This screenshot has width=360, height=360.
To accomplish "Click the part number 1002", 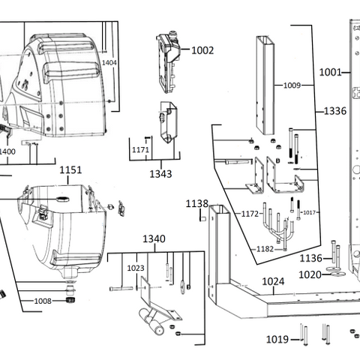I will tap(202, 51).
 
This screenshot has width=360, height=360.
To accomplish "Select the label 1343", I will tap(160, 174).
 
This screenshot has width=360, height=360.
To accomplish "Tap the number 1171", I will tap(140, 151).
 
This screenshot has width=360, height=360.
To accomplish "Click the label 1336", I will tap(334, 112).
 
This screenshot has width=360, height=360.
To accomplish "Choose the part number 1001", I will tap(330, 73).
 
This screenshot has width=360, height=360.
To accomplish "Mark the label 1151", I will tap(70, 170).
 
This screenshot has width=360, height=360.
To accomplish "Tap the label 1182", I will tap(264, 248).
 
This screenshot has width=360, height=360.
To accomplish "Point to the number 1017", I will tap(311, 212).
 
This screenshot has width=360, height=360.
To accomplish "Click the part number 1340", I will tap(154, 239).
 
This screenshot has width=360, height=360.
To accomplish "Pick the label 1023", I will tap(135, 266).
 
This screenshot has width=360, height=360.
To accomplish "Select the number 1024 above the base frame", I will tap(273, 281).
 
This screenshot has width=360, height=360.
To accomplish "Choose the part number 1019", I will tap(277, 340).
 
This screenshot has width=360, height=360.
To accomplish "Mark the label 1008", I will tap(42, 301).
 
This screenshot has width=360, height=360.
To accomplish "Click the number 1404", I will tap(109, 62).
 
